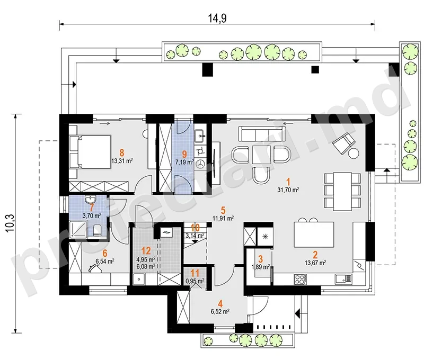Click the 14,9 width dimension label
coord(217,18)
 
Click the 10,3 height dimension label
coord(10,223)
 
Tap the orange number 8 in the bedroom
coord(122,153)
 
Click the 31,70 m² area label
coord(288,190)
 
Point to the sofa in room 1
coord(262,133)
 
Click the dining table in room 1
coord(342,191)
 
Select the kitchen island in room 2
coord(314,235)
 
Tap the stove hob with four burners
coord(300,279)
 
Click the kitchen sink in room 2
coord(343,279)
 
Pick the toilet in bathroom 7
coord(96,230)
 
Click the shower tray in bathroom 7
coord(78,229)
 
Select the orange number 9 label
coord(184,154)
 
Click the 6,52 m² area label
coord(220,311)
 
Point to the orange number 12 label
coord(146,251)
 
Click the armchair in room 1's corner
coord(344,144)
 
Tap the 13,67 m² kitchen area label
coord(315,262)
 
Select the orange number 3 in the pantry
coord(260,259)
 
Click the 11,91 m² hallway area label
coord(223,218)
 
